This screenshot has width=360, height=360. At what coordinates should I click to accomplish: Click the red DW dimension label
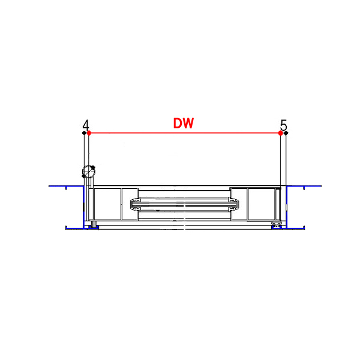click(183, 124)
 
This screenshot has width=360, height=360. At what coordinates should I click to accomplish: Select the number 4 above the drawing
click(86, 125)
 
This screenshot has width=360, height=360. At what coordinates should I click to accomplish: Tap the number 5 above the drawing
click(283, 125)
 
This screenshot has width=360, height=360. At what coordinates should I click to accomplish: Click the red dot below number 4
click(89, 133)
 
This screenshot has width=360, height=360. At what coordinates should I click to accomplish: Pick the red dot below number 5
click(280, 133)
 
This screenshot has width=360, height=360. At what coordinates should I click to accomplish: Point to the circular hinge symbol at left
click(89, 172)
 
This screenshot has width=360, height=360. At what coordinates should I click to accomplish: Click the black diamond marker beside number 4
click(84, 133)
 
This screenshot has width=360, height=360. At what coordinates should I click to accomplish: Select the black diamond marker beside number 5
click(286, 133)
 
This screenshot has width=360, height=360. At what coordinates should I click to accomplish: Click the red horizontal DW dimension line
click(183, 133)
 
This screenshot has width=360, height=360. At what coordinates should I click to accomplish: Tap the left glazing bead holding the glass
click(133, 205)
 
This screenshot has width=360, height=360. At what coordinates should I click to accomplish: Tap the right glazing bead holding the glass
click(236, 205)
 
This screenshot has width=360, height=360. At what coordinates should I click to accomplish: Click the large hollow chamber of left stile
click(107, 205)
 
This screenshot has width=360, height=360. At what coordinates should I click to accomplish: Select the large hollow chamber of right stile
click(262, 205)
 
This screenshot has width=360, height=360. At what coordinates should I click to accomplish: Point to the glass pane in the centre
click(184, 205)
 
